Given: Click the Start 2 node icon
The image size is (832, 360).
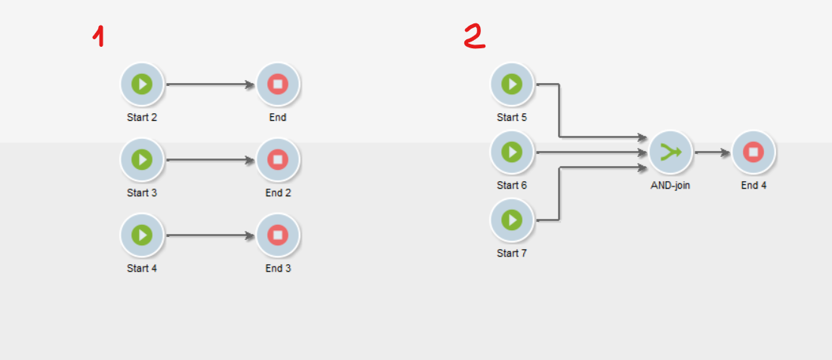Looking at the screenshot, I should (x=142, y=84).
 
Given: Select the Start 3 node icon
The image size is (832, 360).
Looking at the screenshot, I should (x=142, y=159).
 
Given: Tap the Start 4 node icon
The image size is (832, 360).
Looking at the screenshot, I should (x=142, y=235).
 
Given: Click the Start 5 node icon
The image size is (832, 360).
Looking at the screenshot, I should (x=512, y=84).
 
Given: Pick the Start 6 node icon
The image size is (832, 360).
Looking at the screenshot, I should (x=512, y=152).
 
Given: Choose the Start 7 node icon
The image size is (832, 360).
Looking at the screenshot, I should (x=512, y=220).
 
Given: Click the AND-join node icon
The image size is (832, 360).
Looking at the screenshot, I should (x=670, y=152).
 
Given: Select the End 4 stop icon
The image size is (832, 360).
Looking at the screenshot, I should (x=753, y=152).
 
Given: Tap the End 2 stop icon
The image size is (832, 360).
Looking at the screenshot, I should (x=278, y=159).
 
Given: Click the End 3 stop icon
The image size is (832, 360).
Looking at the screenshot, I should (x=278, y=235).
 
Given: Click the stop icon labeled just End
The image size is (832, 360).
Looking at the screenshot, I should (x=278, y=84).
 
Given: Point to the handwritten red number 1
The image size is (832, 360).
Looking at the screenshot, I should (x=98, y=35).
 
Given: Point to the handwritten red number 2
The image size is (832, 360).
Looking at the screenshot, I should (x=475, y=35).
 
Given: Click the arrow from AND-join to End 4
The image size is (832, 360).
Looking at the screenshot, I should (x=712, y=152).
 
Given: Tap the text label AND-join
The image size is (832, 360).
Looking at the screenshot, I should (x=670, y=186).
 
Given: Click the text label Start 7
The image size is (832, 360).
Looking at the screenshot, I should (x=512, y=254).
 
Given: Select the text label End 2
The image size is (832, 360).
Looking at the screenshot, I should (x=278, y=193).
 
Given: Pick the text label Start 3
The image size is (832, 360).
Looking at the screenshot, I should (x=142, y=193).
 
